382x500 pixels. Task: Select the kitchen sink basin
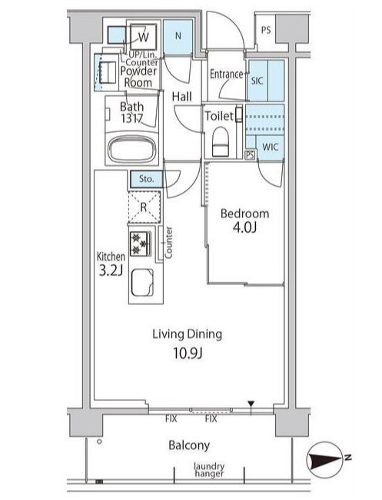(x=142, y=282)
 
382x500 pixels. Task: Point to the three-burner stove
(x=140, y=243)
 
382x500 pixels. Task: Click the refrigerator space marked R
(x=144, y=207)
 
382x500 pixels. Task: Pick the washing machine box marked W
(x=143, y=37)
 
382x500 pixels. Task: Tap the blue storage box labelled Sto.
(x=146, y=179)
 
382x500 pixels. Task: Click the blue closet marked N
(x=178, y=36)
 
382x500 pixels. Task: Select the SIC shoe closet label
(x=257, y=81)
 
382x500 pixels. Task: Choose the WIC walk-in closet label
(x=271, y=147)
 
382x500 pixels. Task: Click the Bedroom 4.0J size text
(x=244, y=227)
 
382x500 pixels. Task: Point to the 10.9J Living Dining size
(x=188, y=353)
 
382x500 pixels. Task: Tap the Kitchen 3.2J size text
(x=111, y=270)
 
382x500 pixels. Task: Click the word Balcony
(x=189, y=445)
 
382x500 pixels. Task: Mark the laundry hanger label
(x=209, y=470)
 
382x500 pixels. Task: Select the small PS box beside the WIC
(x=251, y=155)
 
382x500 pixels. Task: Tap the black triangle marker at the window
(x=251, y=404)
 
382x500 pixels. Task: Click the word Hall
(x=182, y=96)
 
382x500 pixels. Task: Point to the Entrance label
(x=226, y=75)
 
